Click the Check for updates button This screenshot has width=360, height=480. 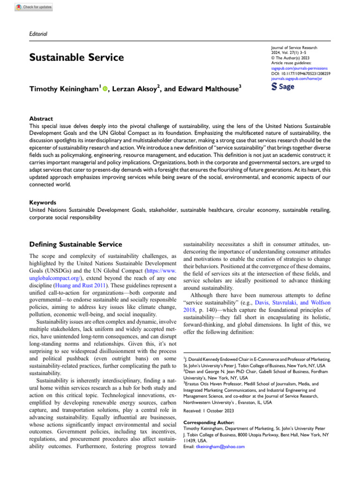pos(34,7)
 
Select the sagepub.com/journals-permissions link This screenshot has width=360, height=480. pos(296,68)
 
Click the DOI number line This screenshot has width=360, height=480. pos(301,74)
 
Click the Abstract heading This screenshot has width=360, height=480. pos(41,119)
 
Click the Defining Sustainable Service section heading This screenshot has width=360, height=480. pos(75,244)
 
